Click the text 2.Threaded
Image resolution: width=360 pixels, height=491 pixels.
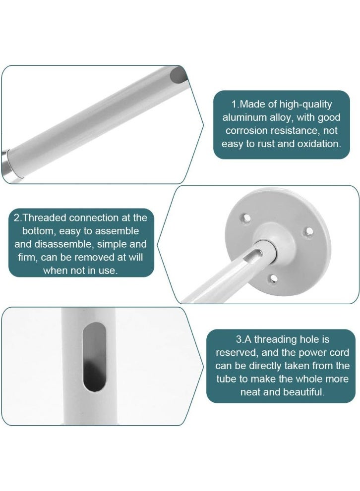39,218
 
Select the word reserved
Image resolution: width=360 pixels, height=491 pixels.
235,353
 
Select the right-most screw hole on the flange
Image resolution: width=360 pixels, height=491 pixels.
308,230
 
